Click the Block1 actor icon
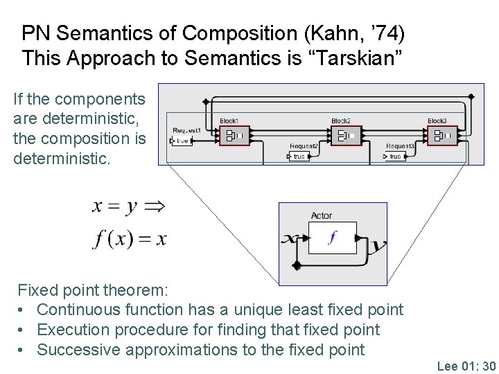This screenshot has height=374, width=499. pos(234,136)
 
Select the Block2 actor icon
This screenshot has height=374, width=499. pos(345,136)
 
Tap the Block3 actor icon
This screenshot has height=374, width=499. pos(442,136)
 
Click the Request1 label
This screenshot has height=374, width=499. pos(186,130)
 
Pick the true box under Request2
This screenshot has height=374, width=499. pos(298,157)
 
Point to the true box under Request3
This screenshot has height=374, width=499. pos(394,157)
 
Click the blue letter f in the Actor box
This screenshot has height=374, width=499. pos(333,238)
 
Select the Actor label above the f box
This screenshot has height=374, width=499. pos(321,216)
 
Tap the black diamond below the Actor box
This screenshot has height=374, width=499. pos(297,265)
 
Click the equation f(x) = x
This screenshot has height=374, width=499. pos(130,239)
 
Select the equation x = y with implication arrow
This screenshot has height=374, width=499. pos(128,206)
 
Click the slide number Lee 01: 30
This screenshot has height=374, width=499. pos(466,366)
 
